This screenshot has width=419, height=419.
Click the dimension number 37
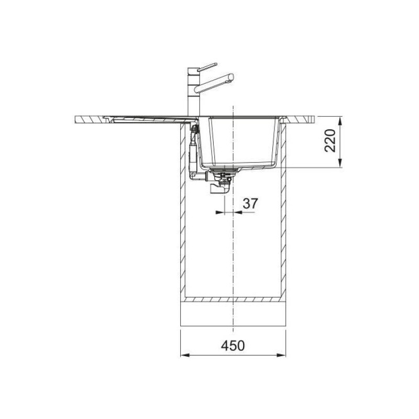[250, 204]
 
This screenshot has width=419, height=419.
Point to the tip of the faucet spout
[231, 79]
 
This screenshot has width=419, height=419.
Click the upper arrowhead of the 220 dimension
[341, 120]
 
